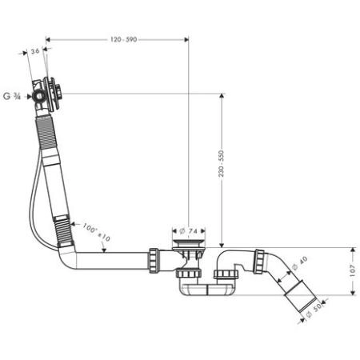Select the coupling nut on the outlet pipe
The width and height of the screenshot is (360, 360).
[259, 261]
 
